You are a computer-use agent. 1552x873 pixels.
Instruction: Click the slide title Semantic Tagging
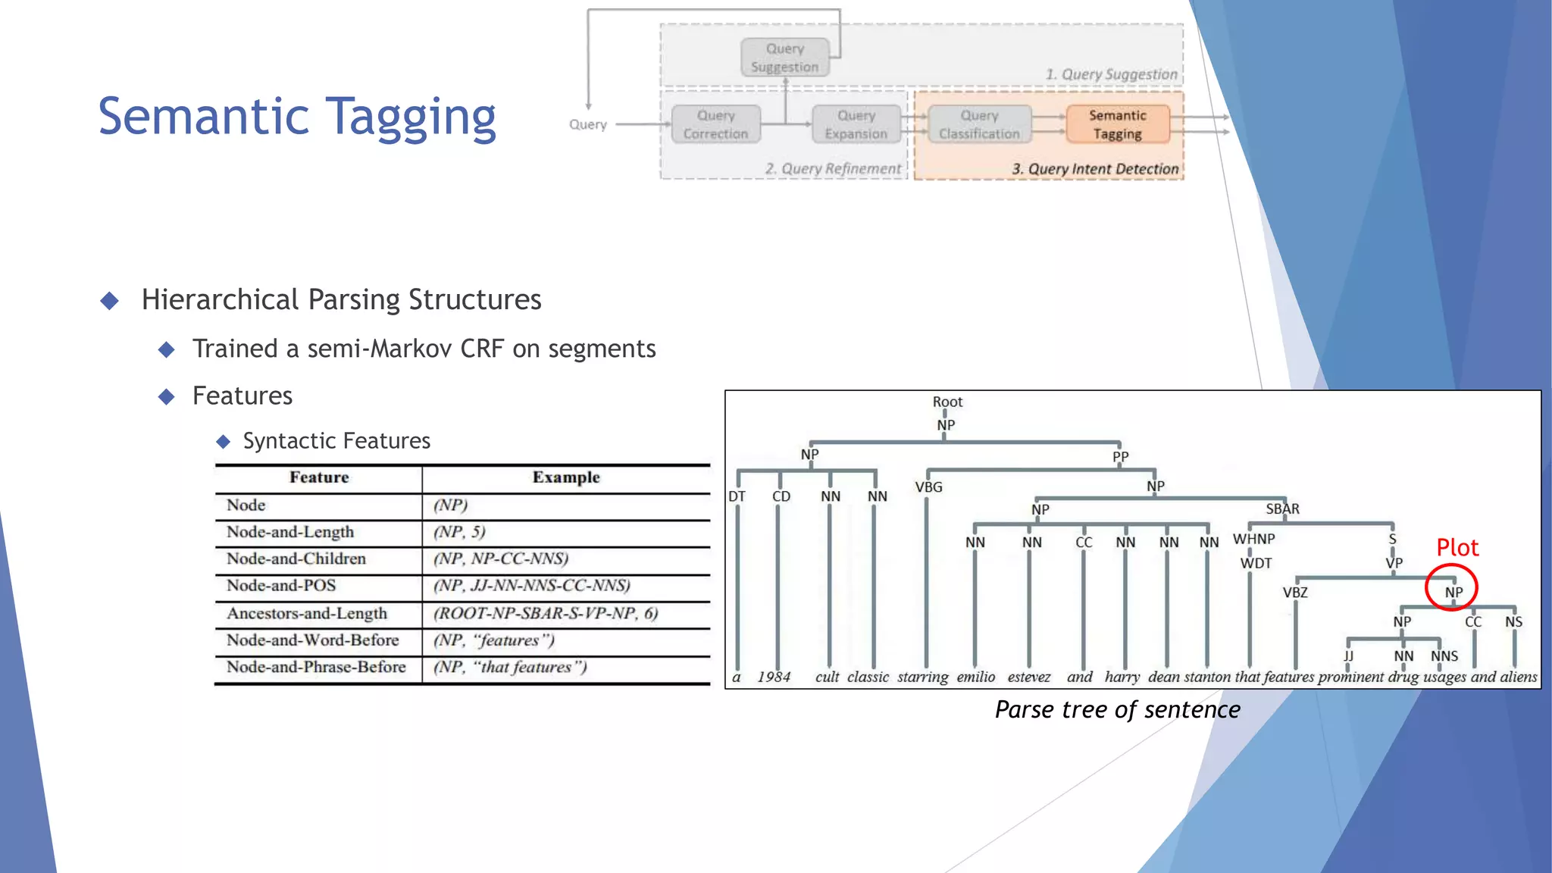[297, 117]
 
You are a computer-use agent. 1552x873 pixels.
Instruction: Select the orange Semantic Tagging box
[1117, 124]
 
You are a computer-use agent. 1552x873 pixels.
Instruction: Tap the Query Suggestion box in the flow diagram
[784, 58]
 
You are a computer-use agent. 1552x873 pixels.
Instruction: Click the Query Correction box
[715, 124]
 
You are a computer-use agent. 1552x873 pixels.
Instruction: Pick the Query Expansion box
[856, 124]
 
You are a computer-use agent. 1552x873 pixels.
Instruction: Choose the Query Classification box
[979, 124]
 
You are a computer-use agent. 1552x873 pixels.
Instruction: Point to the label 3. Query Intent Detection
[1095, 168]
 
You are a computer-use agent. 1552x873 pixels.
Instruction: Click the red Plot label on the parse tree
[1457, 547]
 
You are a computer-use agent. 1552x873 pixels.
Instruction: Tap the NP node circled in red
[1453, 592]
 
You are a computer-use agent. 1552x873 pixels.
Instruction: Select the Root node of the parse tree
[947, 402]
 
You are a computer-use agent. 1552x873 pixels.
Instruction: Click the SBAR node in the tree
[1282, 508]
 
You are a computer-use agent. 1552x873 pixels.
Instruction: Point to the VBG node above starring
[928, 487]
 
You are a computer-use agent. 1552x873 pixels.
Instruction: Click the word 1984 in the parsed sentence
[774, 677]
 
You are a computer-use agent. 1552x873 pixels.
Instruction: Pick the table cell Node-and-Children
[296, 559]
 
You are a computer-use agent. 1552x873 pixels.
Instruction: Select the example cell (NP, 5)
[459, 531]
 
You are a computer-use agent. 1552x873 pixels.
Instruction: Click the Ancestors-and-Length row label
[307, 613]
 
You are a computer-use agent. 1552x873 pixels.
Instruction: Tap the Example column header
[565, 477]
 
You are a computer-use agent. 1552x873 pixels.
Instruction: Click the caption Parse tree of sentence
[1117, 709]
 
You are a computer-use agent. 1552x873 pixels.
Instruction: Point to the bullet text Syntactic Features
[336, 440]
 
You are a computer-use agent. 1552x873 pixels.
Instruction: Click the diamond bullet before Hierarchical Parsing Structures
[110, 301]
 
